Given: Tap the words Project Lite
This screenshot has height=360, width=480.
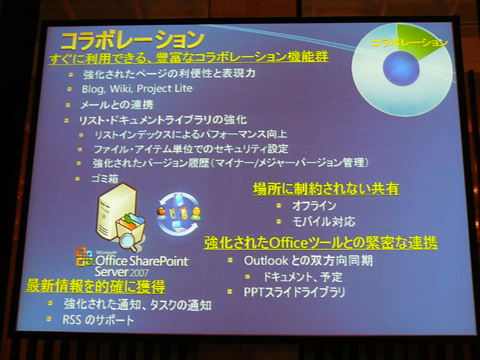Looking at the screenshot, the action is (x=164, y=88).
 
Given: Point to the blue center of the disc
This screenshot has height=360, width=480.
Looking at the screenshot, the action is (x=401, y=68).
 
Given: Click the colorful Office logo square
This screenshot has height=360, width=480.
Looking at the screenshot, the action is (x=84, y=257).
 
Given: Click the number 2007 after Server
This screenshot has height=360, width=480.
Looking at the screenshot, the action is (x=139, y=272).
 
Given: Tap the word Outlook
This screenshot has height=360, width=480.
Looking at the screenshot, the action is (x=266, y=261).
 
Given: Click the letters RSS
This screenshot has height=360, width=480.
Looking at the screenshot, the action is (x=71, y=320).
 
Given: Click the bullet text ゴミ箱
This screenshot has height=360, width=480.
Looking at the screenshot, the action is (x=105, y=179).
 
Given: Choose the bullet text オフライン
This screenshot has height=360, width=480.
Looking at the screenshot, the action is (x=314, y=205).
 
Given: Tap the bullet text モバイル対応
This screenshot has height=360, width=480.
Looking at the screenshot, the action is (x=324, y=221).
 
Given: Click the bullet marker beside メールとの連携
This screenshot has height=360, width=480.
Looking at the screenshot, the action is (x=68, y=105).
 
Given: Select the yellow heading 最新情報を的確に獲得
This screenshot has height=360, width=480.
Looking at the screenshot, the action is (x=95, y=286).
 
